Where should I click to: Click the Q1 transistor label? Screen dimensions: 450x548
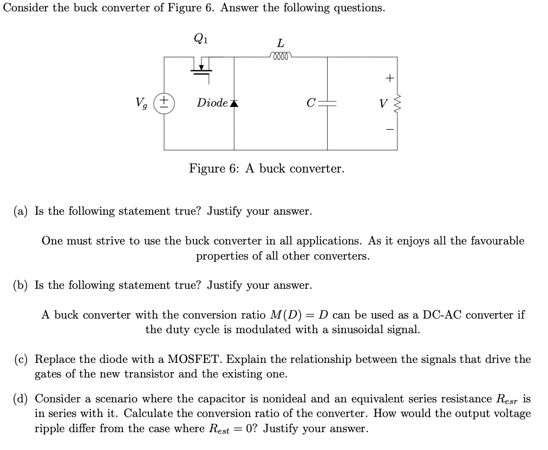200,38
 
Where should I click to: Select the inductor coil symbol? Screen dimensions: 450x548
280,56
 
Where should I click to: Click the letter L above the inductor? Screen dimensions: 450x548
280,43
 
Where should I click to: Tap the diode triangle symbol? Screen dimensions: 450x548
234,103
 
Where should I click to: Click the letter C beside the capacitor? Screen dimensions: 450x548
310,103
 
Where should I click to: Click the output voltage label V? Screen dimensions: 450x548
383,103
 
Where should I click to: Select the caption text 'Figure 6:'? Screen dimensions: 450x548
214,169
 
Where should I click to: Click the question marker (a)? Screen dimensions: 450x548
22,211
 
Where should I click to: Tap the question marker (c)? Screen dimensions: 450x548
22,360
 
